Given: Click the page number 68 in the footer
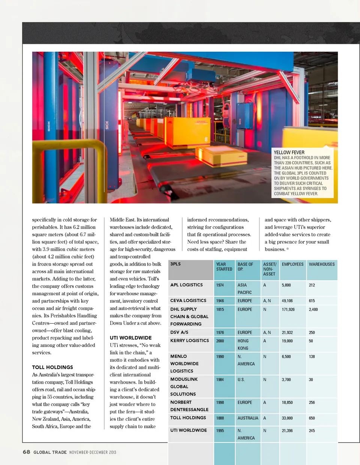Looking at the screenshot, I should coord(26,452).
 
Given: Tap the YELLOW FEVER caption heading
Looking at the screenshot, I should coord(289,153).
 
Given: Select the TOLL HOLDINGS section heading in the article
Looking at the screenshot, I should coord(52,367).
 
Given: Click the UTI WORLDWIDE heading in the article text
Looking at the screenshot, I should coord(130,338).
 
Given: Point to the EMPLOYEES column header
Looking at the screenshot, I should coord(292,265).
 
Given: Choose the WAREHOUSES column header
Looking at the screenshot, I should coord(321,265).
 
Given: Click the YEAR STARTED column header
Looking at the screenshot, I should coord(224,267).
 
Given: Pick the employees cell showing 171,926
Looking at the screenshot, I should coord(288,310).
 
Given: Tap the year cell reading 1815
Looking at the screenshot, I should coord(220,310).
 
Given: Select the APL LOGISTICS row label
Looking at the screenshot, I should coord(186,285).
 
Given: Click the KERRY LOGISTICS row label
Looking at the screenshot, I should coord(189,341).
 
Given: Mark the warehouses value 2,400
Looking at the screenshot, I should coord(313,310).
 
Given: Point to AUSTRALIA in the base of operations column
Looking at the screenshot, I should coord(247,418).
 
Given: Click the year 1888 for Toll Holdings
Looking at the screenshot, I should coord(220,418).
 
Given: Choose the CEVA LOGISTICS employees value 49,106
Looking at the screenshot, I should coord(287,301).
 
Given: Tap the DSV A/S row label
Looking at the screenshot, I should coord(179,332).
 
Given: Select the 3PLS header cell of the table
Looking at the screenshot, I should coord(175,264).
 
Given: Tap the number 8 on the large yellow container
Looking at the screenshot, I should coord(206,139).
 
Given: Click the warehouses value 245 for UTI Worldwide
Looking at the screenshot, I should coord(312,431).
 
